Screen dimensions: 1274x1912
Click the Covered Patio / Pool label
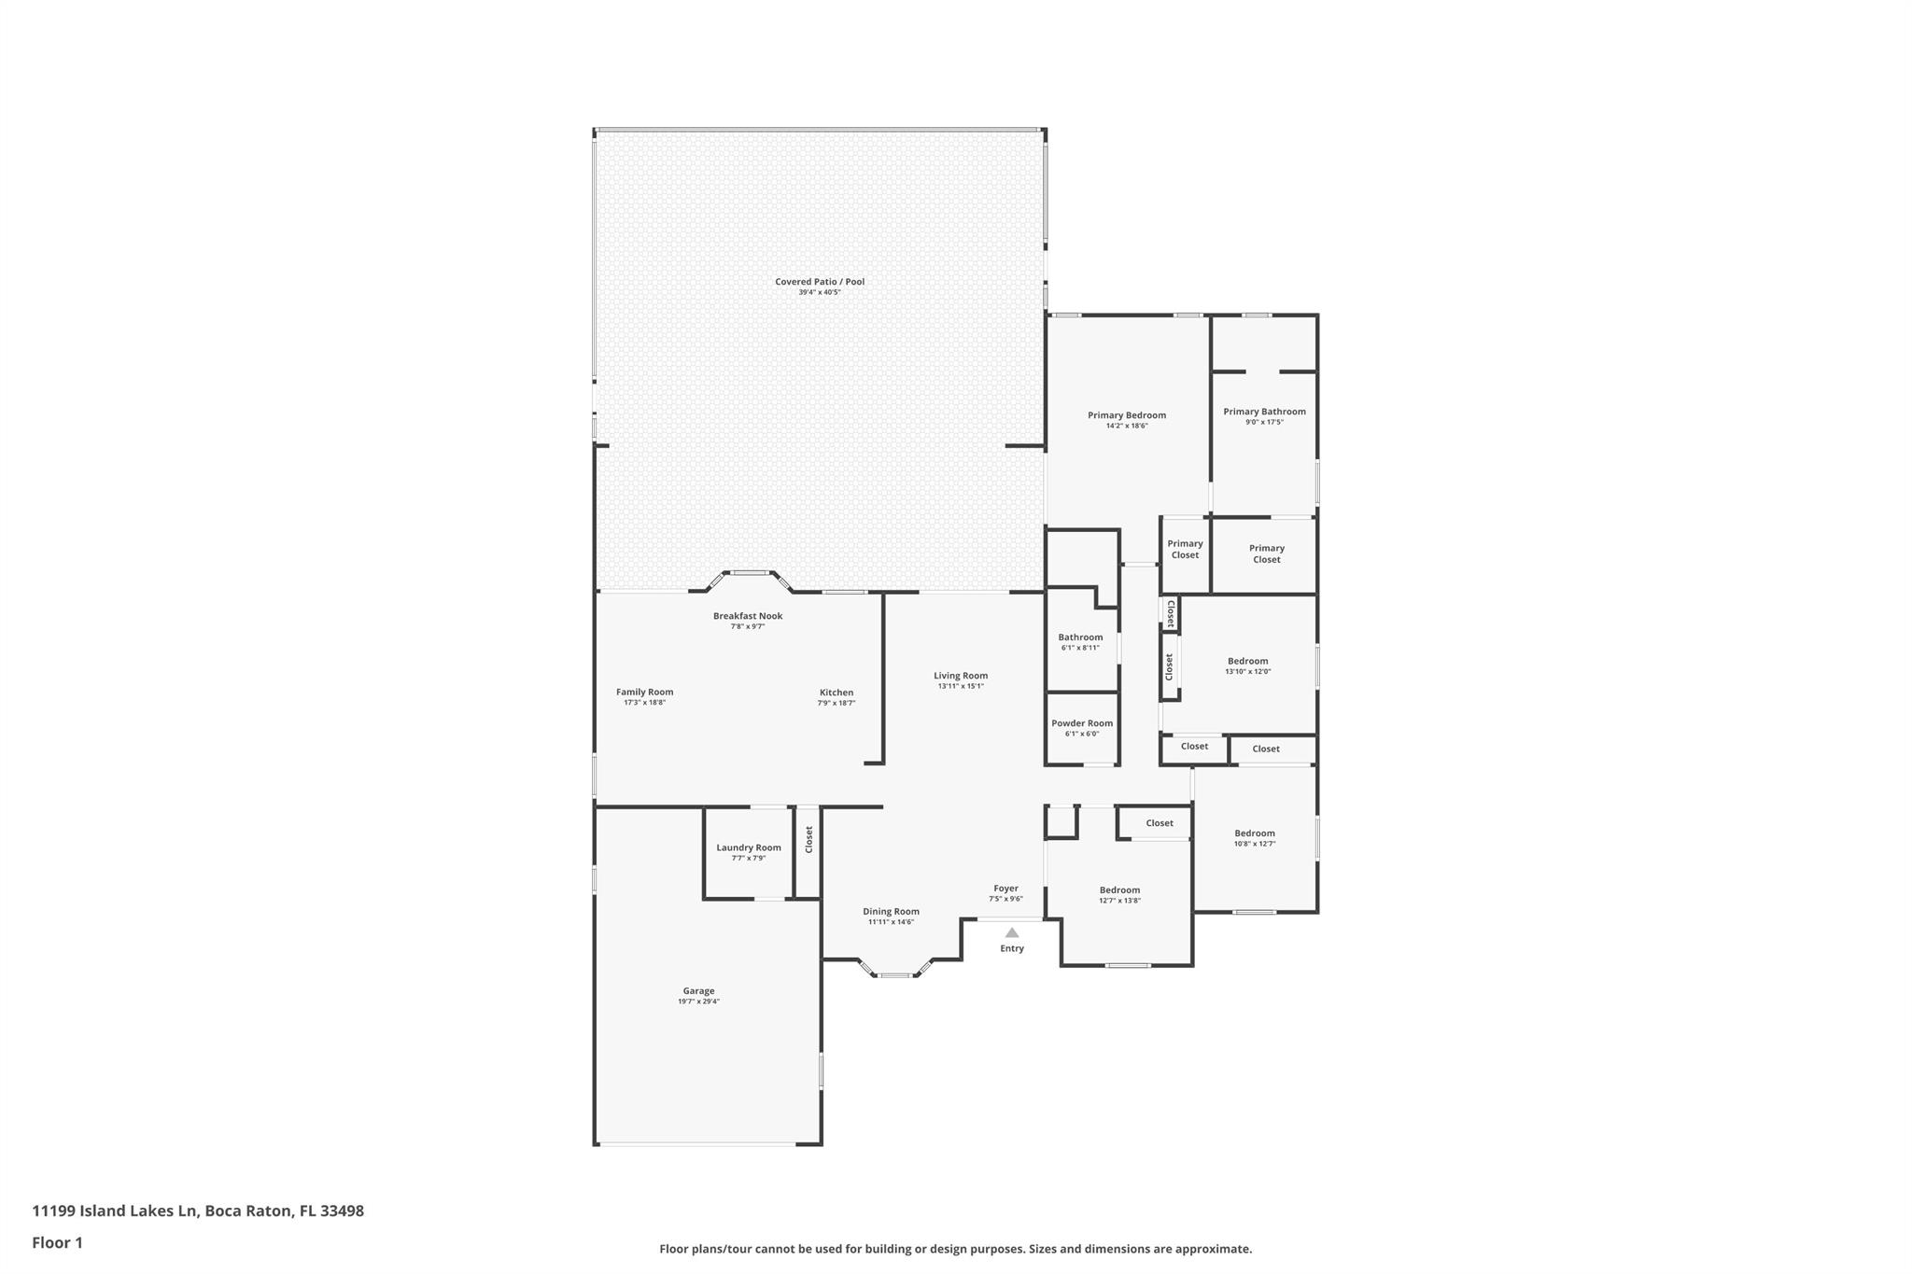click(819, 282)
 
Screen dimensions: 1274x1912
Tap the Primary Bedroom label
click(1126, 415)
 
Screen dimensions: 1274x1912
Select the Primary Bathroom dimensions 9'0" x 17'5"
click(1264, 423)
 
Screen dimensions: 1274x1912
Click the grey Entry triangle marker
click(1012, 932)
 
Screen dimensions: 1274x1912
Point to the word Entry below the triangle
click(1012, 948)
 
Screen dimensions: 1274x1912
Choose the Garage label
click(698, 991)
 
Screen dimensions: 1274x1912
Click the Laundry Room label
click(748, 847)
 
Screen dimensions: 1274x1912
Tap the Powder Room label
click(1081, 723)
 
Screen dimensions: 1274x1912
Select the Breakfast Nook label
click(747, 616)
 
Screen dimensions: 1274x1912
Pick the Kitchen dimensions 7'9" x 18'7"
click(836, 704)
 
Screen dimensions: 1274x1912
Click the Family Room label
click(644, 693)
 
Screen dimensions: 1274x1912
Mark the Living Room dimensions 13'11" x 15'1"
click(960, 687)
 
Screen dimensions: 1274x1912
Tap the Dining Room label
click(891, 912)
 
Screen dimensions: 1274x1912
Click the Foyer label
click(1005, 889)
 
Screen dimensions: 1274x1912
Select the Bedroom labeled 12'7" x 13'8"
click(1119, 890)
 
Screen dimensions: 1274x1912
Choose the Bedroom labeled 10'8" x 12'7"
click(1254, 833)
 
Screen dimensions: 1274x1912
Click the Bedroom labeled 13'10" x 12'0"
click(1247, 661)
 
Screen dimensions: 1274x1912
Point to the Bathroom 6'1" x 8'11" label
click(1080, 637)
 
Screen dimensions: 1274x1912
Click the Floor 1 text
click(57, 1242)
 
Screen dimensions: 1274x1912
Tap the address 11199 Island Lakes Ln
click(115, 1211)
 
